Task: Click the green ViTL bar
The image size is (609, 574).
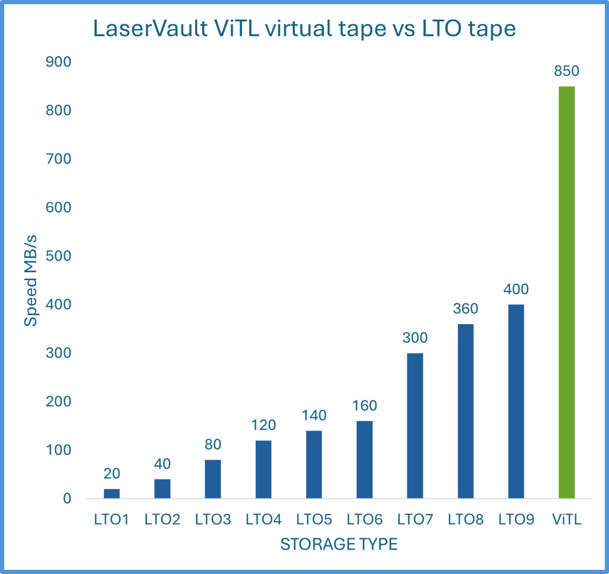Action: point(567,292)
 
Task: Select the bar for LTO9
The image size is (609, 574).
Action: point(516,401)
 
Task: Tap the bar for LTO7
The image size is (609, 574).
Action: point(415,425)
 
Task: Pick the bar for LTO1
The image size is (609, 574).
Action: point(112,493)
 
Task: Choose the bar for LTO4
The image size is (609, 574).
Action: point(263,469)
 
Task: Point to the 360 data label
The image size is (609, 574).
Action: point(465,309)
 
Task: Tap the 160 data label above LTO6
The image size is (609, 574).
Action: point(365,406)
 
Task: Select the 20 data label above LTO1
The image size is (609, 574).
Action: point(112,473)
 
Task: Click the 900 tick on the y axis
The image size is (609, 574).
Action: point(59,62)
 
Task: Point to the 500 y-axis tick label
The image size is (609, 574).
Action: point(59,256)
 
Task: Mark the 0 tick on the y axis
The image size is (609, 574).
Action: point(67,498)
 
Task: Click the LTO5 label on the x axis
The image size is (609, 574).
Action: point(314,519)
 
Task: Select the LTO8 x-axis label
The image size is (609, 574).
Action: point(466,519)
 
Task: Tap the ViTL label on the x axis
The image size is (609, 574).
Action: point(567,519)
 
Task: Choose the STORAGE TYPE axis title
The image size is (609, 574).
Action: point(338,544)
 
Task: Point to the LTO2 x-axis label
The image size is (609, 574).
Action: point(162,519)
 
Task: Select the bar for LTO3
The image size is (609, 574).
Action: point(213,479)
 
